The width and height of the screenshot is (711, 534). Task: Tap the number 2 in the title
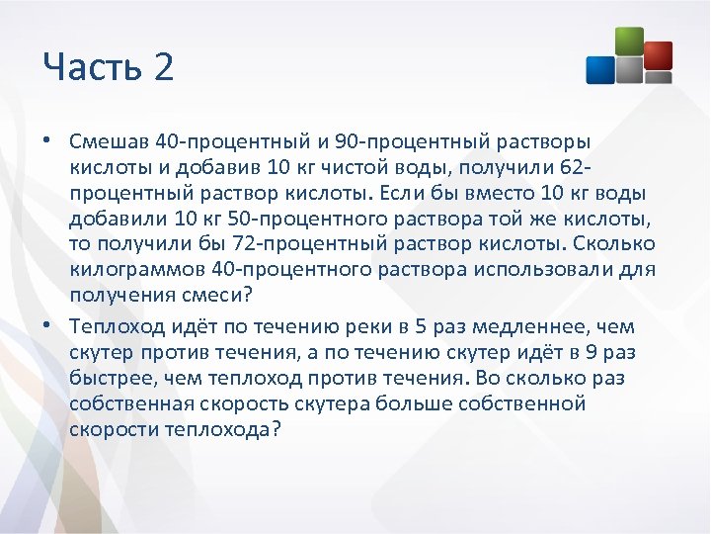tap(163, 68)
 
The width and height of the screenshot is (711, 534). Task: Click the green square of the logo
tap(628, 43)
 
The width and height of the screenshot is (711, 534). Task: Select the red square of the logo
tap(657, 55)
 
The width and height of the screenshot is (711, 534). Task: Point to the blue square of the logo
tap(600, 69)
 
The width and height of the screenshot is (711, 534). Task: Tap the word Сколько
tap(619, 244)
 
